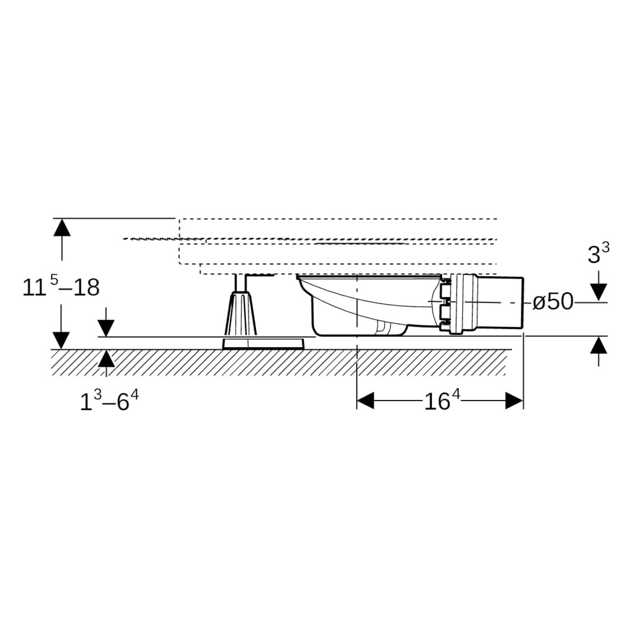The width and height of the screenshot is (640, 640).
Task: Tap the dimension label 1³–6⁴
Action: click(109, 401)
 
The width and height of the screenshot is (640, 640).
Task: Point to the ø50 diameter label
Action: click(553, 302)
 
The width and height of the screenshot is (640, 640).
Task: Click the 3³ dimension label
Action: click(599, 253)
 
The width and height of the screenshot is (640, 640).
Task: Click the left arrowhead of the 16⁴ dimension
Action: click(365, 401)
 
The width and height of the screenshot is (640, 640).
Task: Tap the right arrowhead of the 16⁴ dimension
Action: click(514, 401)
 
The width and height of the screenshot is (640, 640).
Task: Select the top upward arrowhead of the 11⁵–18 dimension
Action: click(62, 228)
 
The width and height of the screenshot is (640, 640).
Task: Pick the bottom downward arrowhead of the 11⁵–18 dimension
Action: click(62, 341)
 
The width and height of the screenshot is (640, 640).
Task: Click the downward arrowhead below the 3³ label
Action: click(599, 292)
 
